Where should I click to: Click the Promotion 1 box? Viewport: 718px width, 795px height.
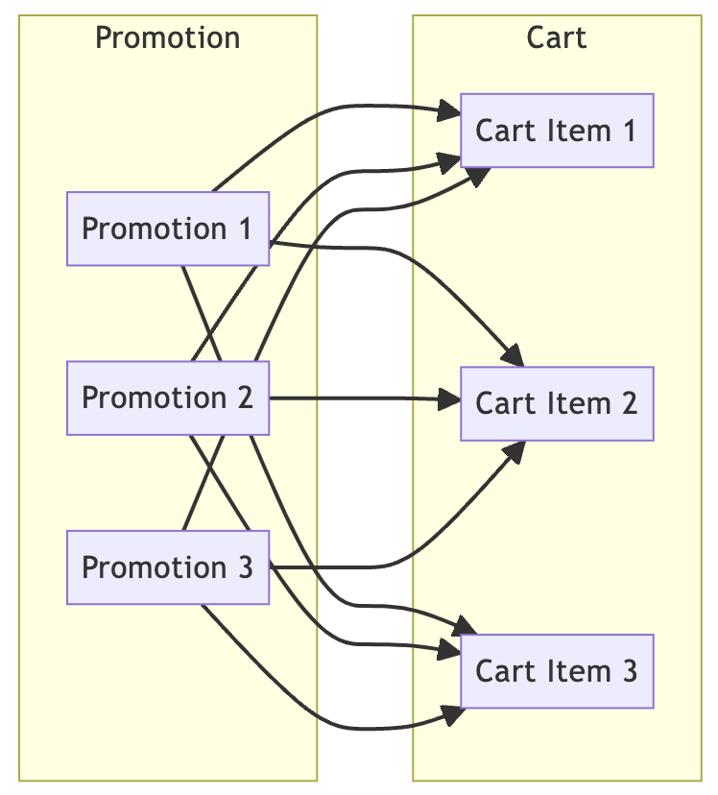(x=168, y=229)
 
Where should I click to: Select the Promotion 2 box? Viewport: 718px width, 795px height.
(x=168, y=397)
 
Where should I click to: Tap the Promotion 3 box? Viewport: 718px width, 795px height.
(x=168, y=566)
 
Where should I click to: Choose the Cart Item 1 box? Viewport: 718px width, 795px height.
(x=557, y=131)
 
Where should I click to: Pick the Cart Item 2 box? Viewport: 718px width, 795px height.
(x=557, y=403)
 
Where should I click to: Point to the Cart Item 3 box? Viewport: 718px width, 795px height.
(x=557, y=671)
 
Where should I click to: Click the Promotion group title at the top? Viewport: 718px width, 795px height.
(x=168, y=38)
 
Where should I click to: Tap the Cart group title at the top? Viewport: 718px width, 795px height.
(x=557, y=38)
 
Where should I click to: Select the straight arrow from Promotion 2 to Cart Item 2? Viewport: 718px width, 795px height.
(x=355, y=397)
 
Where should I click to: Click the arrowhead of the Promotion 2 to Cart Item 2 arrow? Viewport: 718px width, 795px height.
(x=451, y=399)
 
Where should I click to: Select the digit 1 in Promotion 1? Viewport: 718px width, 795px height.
(x=244, y=229)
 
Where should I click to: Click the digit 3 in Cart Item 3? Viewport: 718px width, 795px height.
(x=628, y=671)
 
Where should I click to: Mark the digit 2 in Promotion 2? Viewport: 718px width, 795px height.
(x=244, y=397)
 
